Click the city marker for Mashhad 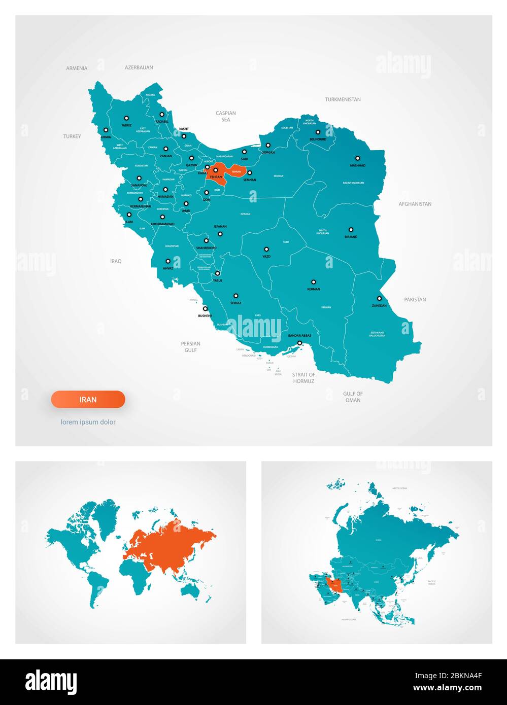(357, 158)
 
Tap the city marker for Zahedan (379, 298)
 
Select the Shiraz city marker (235, 296)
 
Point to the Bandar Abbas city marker (299, 343)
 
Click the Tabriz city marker (126, 118)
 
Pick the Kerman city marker (313, 282)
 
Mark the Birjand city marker (351, 229)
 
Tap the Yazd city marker (266, 249)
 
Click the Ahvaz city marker (168, 261)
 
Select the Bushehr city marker (206, 308)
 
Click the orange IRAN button (88, 400)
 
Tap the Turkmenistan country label (343, 99)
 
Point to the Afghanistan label (415, 204)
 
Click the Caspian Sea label (226, 116)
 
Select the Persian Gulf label (190, 346)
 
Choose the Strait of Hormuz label (303, 378)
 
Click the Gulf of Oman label (353, 397)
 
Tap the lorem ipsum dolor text (88, 422)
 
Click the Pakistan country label (415, 299)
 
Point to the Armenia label (77, 68)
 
